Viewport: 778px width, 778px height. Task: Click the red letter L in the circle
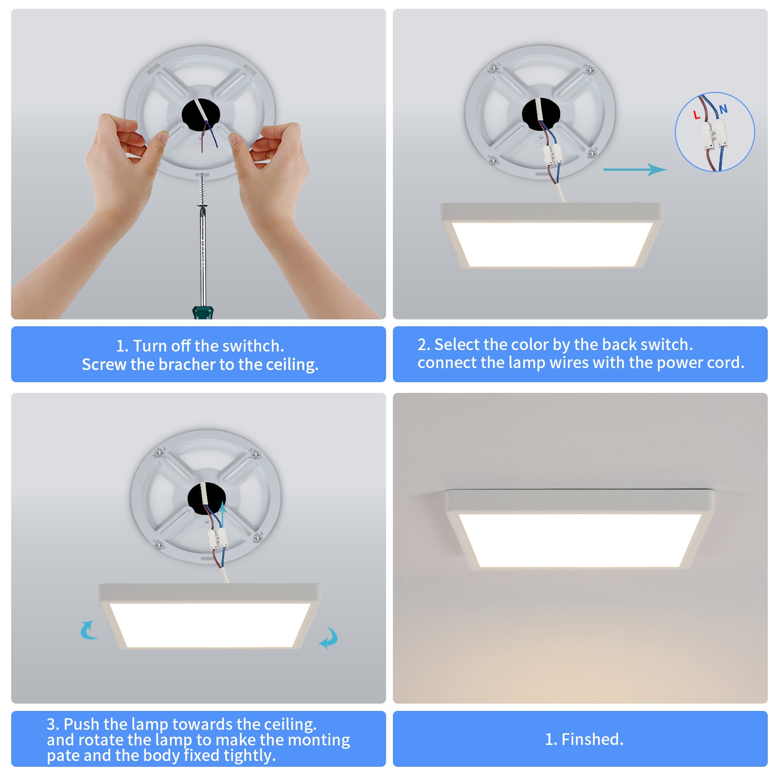point(696,115)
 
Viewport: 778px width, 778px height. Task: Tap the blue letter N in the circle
point(724,109)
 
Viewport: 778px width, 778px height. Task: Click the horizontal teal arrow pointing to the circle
point(635,169)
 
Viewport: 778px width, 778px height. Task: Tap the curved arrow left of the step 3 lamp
point(88,630)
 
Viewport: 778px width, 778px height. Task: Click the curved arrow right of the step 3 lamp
point(329,637)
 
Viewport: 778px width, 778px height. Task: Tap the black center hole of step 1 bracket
point(201,115)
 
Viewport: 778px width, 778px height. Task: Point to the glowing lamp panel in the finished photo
point(580,540)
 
